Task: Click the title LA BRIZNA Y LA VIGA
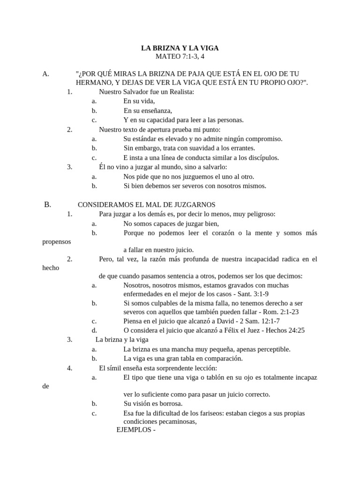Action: click(x=180, y=48)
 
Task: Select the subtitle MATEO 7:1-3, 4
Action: click(x=180, y=57)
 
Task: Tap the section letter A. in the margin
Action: click(x=45, y=74)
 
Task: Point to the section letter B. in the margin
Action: click(x=47, y=204)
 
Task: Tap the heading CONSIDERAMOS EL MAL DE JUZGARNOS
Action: click(x=146, y=205)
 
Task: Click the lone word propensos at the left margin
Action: click(x=56, y=241)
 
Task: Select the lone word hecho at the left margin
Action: click(x=50, y=268)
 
